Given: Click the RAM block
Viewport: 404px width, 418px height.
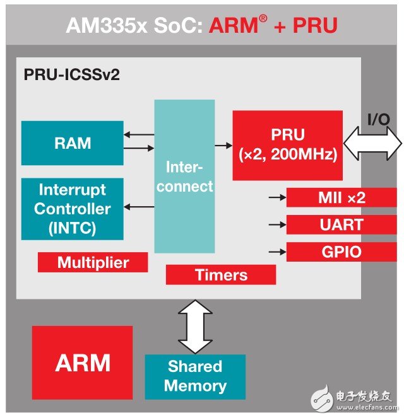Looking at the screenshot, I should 72,143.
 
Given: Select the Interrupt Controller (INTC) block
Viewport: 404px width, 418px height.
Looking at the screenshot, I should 72,209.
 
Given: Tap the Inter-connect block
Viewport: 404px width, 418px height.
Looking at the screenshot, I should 189,177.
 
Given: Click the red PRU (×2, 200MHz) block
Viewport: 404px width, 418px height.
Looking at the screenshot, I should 287,145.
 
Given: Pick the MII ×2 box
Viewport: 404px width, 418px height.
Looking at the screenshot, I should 342,197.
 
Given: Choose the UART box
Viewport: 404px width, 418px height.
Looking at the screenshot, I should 342,224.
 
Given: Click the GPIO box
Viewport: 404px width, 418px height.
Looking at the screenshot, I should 342,252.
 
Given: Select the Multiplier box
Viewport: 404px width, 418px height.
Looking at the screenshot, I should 93,262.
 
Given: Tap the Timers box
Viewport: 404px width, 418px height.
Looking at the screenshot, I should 220,274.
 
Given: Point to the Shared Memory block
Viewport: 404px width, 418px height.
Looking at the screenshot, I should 195,376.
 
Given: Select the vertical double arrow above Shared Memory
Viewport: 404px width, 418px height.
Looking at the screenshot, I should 196,327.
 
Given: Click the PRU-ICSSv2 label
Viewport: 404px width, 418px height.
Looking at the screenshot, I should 71,75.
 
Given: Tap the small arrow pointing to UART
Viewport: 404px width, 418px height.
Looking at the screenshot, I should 276,224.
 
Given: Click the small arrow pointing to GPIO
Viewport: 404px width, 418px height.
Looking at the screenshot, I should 276,252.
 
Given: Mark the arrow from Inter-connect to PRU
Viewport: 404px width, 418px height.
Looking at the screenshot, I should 223,146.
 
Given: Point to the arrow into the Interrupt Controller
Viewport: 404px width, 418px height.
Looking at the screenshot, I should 139,207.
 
